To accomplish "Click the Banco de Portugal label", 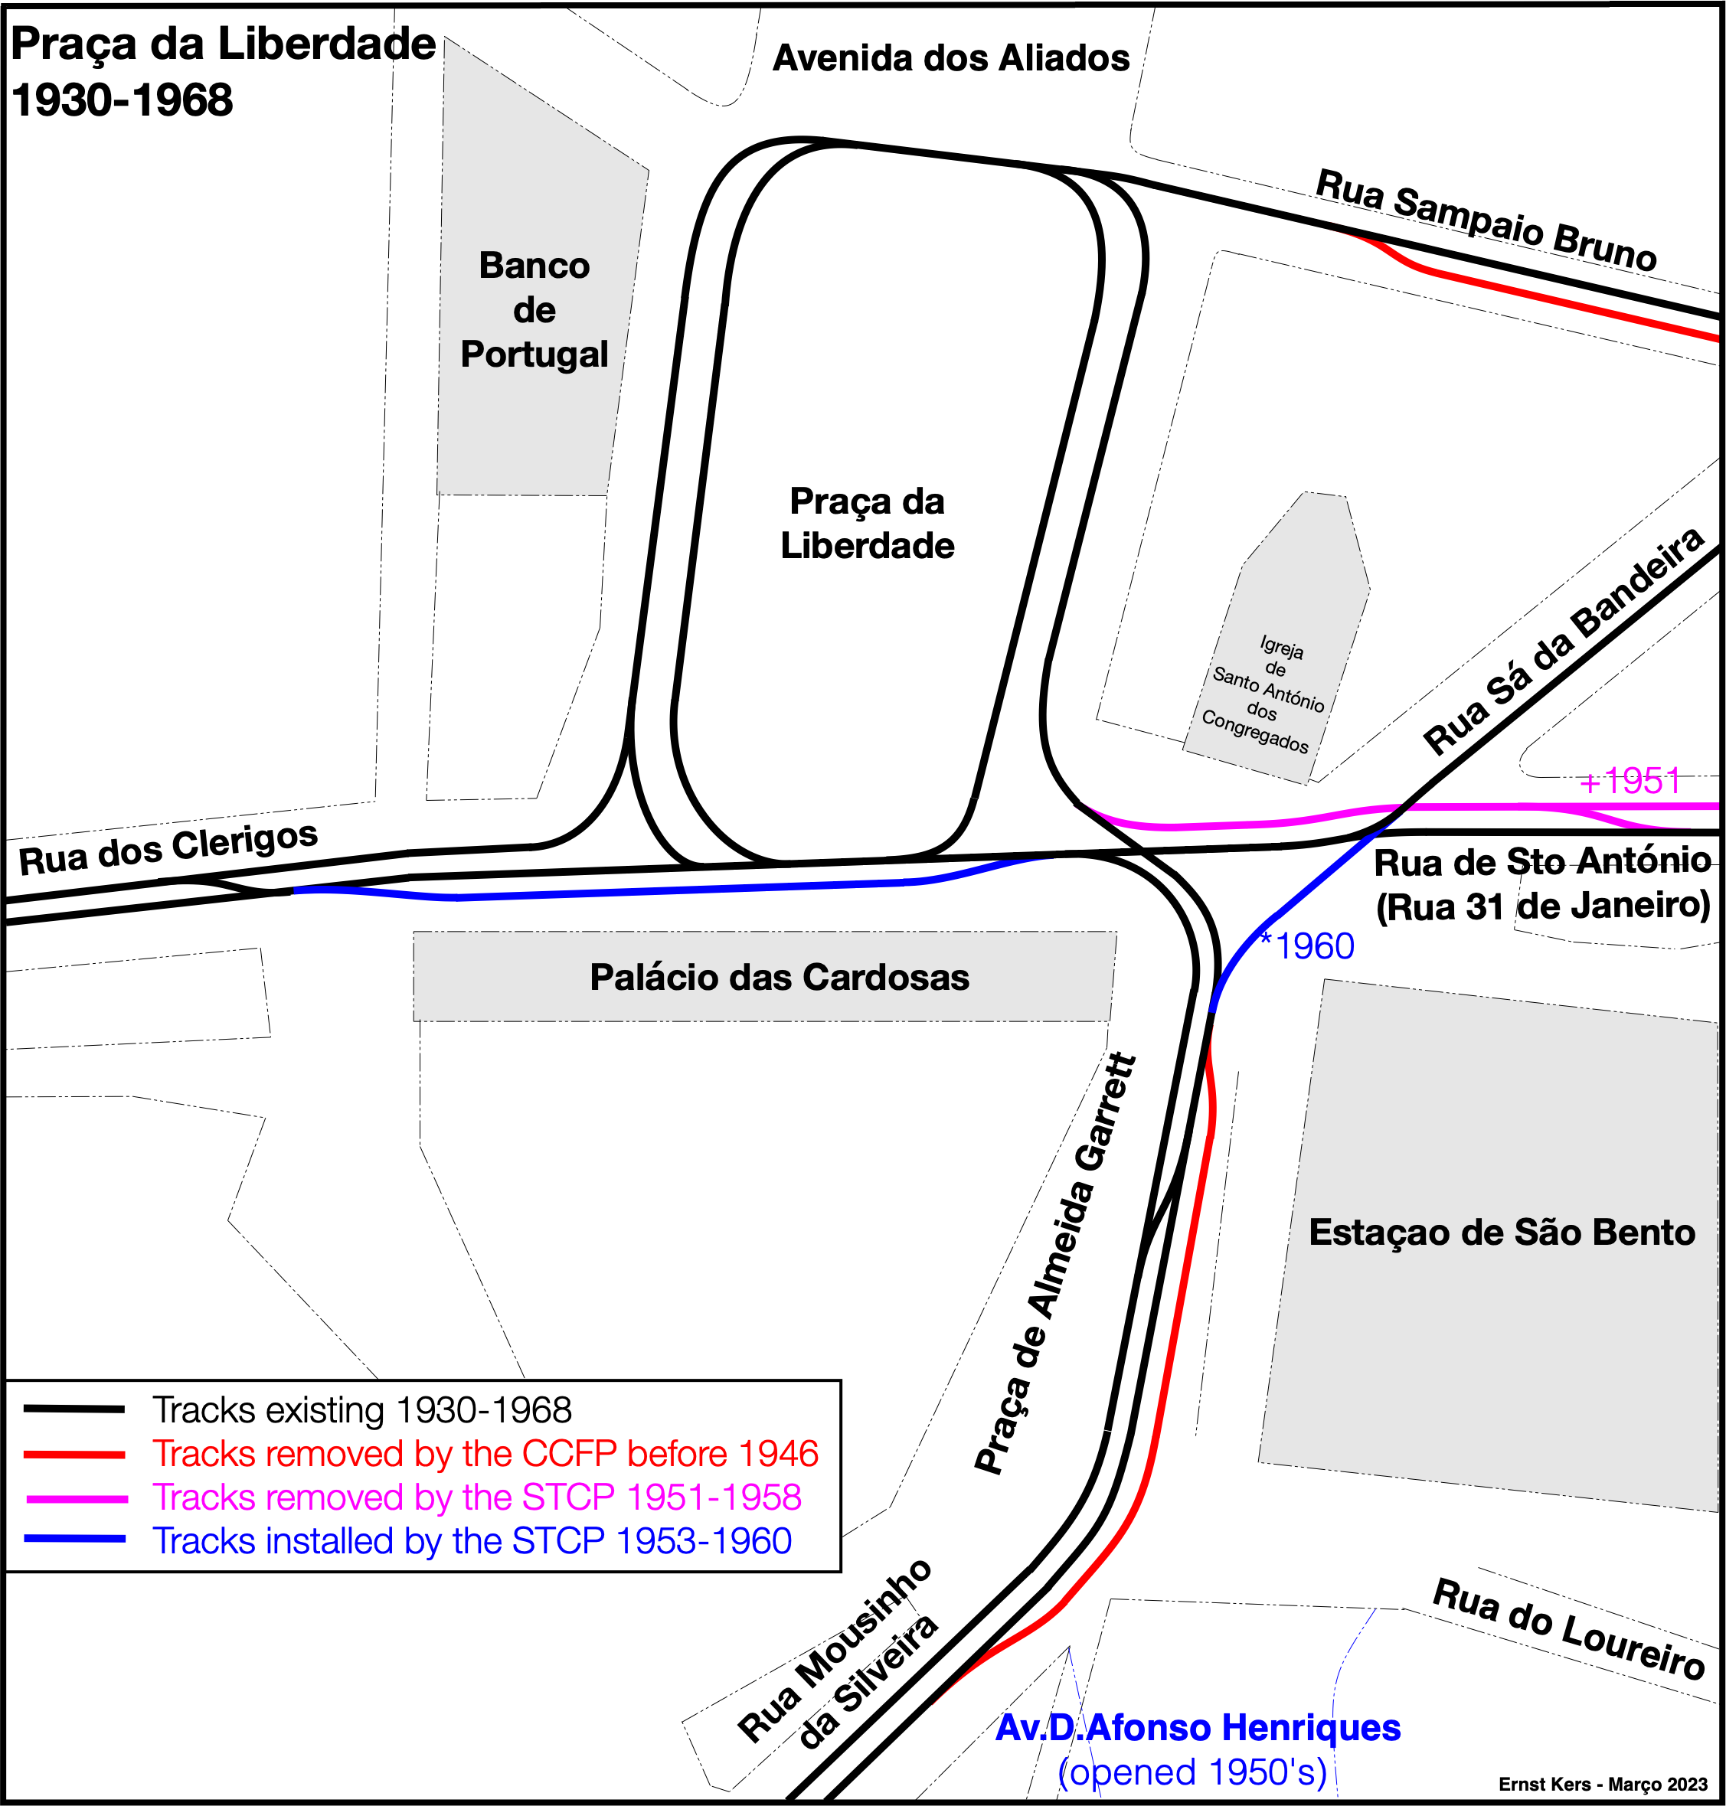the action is tap(534, 309).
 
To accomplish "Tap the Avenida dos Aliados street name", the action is tap(950, 58).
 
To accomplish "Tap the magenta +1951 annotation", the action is tap(1630, 781).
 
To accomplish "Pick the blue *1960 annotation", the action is tap(1306, 945).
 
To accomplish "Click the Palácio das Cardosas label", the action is tap(780, 977).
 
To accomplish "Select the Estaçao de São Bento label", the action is tap(1502, 1232).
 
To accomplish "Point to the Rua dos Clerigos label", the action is tap(168, 848).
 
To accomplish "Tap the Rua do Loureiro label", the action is tap(1570, 1641).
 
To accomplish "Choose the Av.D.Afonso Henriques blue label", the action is tap(1198, 1727).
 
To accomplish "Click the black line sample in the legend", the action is tap(74, 1409).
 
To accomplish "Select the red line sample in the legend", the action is tap(74, 1455).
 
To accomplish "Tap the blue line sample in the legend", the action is tap(74, 1538).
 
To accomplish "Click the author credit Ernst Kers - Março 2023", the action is tap(1603, 1784).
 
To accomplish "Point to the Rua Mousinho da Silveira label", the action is tap(838, 1654).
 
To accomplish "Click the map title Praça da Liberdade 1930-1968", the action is tap(223, 72).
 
